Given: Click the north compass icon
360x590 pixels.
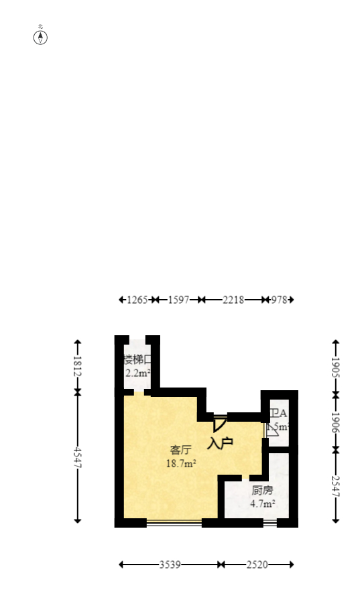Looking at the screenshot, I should [41, 36].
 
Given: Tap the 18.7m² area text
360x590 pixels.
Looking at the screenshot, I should [181, 463].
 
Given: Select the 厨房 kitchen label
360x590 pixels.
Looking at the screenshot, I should [262, 490].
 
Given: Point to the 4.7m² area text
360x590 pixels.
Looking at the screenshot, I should [263, 504].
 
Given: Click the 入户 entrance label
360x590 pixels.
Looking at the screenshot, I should [220, 443].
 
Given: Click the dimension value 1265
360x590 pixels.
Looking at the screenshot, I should [137, 300].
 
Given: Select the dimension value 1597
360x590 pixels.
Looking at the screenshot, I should [178, 300].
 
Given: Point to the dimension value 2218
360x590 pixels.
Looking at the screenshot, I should [233, 300].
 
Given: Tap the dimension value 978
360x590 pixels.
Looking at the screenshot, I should [280, 300].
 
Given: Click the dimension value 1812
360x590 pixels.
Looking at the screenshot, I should [78, 367].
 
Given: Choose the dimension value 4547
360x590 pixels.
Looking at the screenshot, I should [78, 457].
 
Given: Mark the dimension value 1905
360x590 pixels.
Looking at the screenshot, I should [336, 368].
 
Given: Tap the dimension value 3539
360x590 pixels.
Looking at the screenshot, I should [170, 565].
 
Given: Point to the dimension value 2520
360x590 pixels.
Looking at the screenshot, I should [257, 565].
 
